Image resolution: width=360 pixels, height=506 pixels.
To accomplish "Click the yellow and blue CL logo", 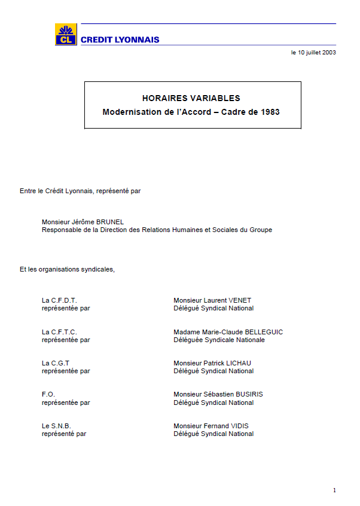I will coord(65,35).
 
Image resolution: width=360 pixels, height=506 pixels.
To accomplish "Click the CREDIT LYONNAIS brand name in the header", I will coord(120,40).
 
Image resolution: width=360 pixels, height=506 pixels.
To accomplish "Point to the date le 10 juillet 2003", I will coord(313,53).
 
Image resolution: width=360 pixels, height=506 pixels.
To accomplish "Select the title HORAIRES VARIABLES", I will coord(191,98).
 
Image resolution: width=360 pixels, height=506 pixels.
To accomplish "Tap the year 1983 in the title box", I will coord(270,112).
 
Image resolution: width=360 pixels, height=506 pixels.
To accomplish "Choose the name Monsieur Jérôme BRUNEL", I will coord(83,222).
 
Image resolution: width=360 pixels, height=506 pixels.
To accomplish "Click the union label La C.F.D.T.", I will coord(59,300).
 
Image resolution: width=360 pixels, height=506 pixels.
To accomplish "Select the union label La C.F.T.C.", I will coord(59,332).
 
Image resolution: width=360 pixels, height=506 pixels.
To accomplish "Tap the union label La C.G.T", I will coord(56,363).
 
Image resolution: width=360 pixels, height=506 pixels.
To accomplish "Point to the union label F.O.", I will coord(48,394).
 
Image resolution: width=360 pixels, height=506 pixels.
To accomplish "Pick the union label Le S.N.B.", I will coord(56,426).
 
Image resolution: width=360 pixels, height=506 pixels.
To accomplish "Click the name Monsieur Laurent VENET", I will coord(212,300).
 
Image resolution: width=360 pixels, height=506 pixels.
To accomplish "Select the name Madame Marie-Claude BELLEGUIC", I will coord(228,332).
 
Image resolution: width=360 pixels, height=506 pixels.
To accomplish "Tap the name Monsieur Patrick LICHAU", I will coord(213,363).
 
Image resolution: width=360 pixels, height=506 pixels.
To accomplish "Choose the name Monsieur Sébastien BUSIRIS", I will coord(218,394).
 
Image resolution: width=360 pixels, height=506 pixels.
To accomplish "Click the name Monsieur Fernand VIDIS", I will coord(211,426).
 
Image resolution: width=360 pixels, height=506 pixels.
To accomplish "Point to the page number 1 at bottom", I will coord(334,490).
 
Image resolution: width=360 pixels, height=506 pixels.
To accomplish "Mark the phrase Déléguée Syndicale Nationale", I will coord(219,340).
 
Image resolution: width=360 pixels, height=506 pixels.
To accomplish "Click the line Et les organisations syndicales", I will coord(67,269).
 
